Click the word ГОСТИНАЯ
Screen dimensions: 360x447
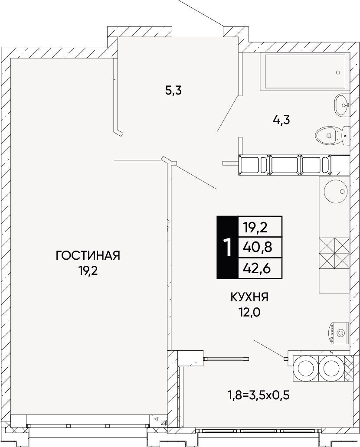pyautogui.click(x=88, y=255)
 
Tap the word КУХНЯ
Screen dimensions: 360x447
pyautogui.click(x=249, y=297)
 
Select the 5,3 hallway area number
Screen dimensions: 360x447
pyautogui.click(x=173, y=91)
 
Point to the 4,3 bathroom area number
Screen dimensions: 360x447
pyautogui.click(x=281, y=120)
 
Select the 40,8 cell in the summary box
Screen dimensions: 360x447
pyautogui.click(x=257, y=248)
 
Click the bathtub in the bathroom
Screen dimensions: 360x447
pyautogui.click(x=304, y=72)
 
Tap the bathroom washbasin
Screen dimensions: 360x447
pyautogui.click(x=341, y=104)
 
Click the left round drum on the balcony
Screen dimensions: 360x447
pyautogui.click(x=306, y=369)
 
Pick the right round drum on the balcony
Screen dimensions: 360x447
pyautogui.click(x=331, y=369)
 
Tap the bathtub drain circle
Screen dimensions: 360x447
pyautogui.click(x=338, y=72)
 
